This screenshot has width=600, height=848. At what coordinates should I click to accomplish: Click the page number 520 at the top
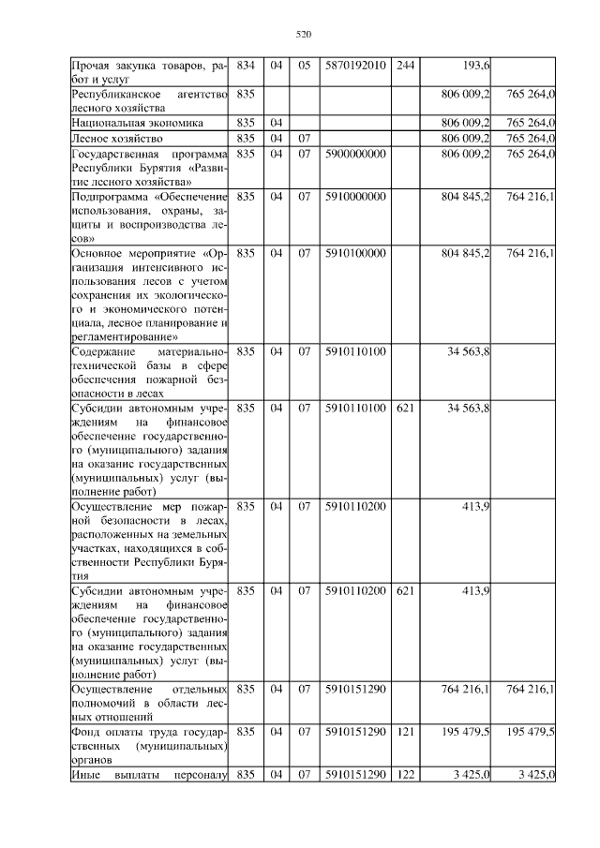click(303, 35)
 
